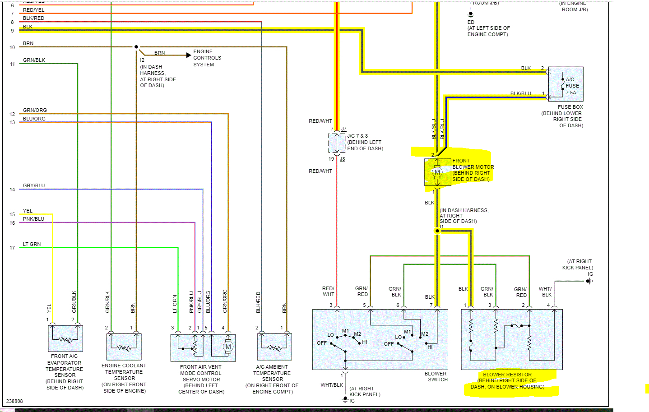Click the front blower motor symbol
(437, 172)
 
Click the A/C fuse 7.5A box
(566, 84)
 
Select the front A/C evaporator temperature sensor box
(65, 338)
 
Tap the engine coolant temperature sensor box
(124, 347)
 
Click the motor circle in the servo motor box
(228, 347)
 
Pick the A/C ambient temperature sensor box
(274, 347)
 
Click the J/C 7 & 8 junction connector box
(337, 143)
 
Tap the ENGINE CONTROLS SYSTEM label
(207, 58)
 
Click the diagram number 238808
(14, 401)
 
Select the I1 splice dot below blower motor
(437, 231)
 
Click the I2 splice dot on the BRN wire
(136, 47)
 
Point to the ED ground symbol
(471, 14)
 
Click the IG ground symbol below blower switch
(345, 399)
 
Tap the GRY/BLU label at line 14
(34, 185)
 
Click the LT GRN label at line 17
(32, 244)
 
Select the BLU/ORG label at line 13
(34, 119)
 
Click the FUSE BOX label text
(570, 107)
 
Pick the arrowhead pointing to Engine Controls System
(189, 55)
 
